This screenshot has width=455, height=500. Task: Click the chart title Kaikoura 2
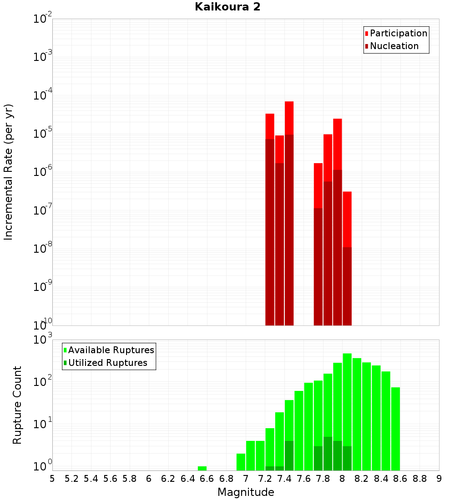pyautogui.click(x=227, y=7)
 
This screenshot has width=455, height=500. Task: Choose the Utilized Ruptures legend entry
pyautogui.click(x=107, y=363)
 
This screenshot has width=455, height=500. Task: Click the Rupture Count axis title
pyautogui.click(x=17, y=405)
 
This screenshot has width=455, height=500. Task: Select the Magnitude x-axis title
pyautogui.click(x=246, y=492)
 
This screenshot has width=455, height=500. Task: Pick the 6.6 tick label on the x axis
pyautogui.click(x=207, y=479)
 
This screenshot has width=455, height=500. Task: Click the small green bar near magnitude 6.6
pyautogui.click(x=202, y=468)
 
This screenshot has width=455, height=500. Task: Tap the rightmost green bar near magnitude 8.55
pyautogui.click(x=395, y=427)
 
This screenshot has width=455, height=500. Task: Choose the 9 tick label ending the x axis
pyautogui.click(x=439, y=479)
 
